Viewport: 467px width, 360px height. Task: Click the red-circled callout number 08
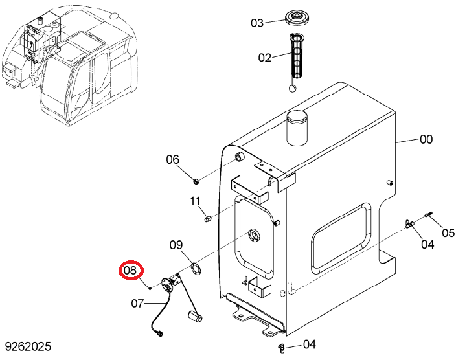131,271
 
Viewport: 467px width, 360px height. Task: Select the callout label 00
426,139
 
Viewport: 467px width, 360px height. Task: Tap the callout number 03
257,23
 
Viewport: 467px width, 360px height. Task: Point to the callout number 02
265,58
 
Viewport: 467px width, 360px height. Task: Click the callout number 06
173,159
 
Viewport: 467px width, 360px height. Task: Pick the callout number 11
196,201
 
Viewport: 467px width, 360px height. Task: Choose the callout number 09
176,245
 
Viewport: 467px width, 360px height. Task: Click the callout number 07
137,304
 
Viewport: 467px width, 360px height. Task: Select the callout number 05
448,232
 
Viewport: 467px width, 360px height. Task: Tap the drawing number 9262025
28,346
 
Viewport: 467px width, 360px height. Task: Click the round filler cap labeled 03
296,18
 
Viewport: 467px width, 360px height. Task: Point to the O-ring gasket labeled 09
196,268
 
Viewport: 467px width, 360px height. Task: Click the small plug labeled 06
196,181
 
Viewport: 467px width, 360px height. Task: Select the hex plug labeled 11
207,219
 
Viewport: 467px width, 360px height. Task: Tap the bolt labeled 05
429,214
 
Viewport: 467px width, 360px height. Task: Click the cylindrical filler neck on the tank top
297,128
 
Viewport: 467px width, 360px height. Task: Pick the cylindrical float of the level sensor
195,315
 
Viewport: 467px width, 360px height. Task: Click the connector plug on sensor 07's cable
159,333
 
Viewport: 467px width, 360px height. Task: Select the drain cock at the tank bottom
281,348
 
